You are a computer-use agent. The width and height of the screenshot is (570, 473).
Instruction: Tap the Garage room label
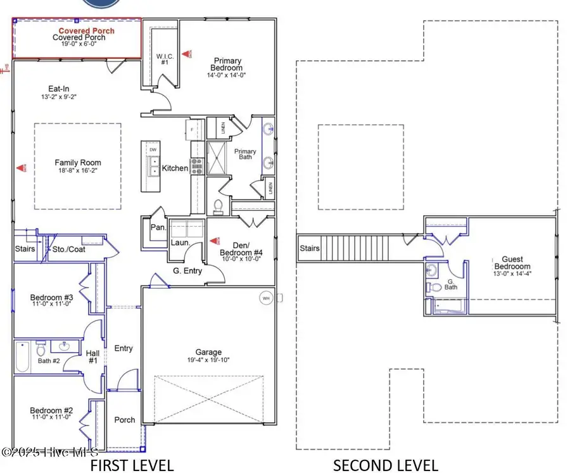coord(208,353)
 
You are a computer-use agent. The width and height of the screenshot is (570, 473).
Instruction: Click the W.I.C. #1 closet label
coord(164,59)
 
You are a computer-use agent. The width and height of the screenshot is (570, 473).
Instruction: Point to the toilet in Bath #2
coord(40,348)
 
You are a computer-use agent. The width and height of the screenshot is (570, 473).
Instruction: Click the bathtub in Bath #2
coord(22,357)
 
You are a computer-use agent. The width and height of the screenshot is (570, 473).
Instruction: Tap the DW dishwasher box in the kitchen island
coord(153,149)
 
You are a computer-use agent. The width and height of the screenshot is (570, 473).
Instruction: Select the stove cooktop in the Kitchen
coord(196,165)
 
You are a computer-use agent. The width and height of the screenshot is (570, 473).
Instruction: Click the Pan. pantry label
coord(157,227)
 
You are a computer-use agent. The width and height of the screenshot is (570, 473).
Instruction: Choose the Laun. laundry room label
coord(177,242)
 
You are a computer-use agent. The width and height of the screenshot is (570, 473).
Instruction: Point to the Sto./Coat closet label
coord(69,249)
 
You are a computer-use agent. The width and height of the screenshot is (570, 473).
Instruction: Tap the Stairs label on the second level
coord(310,248)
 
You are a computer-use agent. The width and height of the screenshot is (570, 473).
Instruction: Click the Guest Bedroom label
coord(513,263)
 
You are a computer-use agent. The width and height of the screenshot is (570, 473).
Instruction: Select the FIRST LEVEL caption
coord(132,465)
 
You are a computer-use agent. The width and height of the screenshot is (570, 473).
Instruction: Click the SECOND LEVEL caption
coord(385,465)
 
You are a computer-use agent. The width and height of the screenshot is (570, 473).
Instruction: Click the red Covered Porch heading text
coord(87,30)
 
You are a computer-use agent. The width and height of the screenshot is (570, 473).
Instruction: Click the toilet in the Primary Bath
coord(218,206)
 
